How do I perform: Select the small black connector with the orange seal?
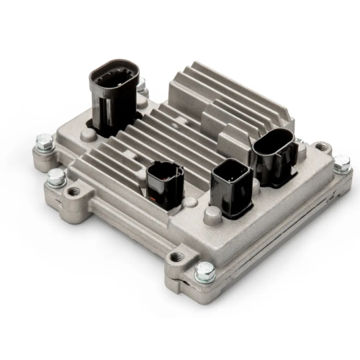[164, 186]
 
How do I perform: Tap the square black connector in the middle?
[231, 188]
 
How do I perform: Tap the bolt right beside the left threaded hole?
[55, 178]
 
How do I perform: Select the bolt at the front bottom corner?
[204, 271]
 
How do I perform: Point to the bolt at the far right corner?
[341, 163]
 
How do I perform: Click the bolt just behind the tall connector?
[141, 85]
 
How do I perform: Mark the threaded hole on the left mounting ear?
[73, 192]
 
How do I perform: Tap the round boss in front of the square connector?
[212, 217]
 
